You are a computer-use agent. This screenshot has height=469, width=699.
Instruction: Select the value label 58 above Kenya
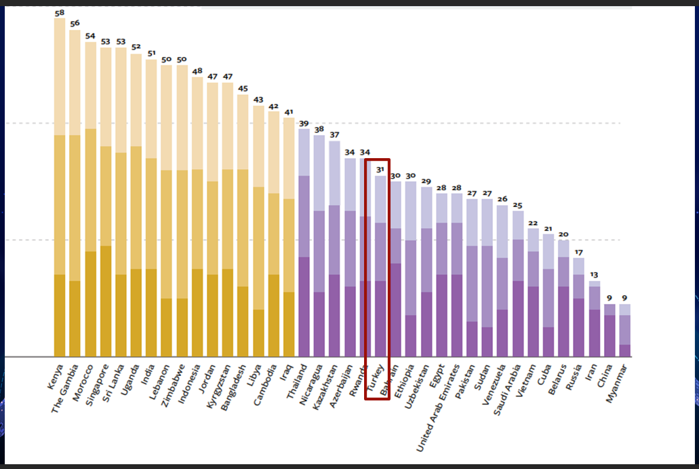(60, 13)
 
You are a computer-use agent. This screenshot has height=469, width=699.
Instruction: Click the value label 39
(304, 123)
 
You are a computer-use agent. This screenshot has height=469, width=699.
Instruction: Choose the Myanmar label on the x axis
(617, 383)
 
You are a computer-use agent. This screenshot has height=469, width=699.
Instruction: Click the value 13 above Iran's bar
(595, 275)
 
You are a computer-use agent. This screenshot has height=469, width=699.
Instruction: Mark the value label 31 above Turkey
(380, 170)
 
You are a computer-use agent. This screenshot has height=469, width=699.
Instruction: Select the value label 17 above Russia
(578, 252)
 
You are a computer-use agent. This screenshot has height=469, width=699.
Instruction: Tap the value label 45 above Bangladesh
(243, 88)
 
